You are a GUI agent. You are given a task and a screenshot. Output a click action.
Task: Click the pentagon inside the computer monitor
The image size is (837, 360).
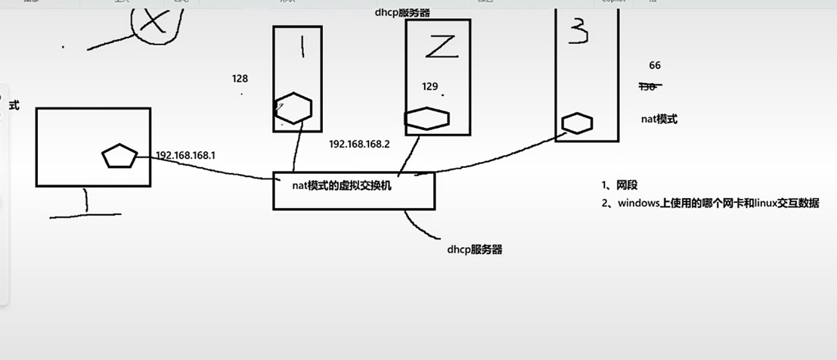click(x=119, y=157)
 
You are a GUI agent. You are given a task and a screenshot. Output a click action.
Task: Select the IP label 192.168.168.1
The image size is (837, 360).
click(x=185, y=156)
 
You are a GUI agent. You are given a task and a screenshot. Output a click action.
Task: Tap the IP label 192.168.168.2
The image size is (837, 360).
click(x=359, y=144)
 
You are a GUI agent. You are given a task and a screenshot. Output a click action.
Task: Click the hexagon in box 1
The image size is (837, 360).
click(x=293, y=107)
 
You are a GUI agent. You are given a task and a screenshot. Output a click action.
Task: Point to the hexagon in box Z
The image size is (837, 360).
click(x=427, y=119)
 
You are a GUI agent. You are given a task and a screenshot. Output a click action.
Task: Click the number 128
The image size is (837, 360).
click(x=240, y=79)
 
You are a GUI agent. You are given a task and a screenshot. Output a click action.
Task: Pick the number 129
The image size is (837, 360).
click(x=430, y=87)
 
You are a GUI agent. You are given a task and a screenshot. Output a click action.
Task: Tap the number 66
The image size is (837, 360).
click(x=655, y=66)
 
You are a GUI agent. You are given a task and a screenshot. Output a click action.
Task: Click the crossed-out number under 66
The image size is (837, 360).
click(x=649, y=86)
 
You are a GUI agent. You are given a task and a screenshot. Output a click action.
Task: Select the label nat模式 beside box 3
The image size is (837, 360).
click(x=659, y=119)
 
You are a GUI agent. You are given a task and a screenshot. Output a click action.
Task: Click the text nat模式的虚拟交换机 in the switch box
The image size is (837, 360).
click(x=342, y=184)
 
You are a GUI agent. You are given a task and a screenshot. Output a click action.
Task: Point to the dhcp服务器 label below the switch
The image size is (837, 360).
click(x=475, y=249)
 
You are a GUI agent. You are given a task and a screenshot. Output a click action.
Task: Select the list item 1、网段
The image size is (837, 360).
click(x=620, y=185)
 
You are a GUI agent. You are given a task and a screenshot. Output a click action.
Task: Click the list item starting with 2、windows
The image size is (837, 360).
click(x=710, y=203)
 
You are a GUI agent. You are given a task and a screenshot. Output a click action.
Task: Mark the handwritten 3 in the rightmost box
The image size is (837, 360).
click(x=578, y=30)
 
